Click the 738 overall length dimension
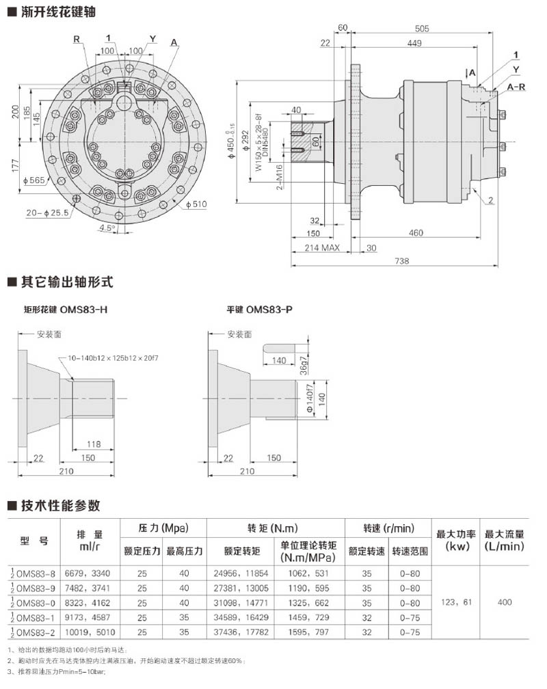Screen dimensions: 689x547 (x=403, y=262)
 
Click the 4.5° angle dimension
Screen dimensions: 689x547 (x=107, y=227)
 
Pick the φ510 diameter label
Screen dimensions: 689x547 (x=196, y=203)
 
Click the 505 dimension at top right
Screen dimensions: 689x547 (x=422, y=28)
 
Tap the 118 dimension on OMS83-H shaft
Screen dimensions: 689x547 (x=94, y=444)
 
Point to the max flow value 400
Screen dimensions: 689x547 (x=505, y=602)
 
